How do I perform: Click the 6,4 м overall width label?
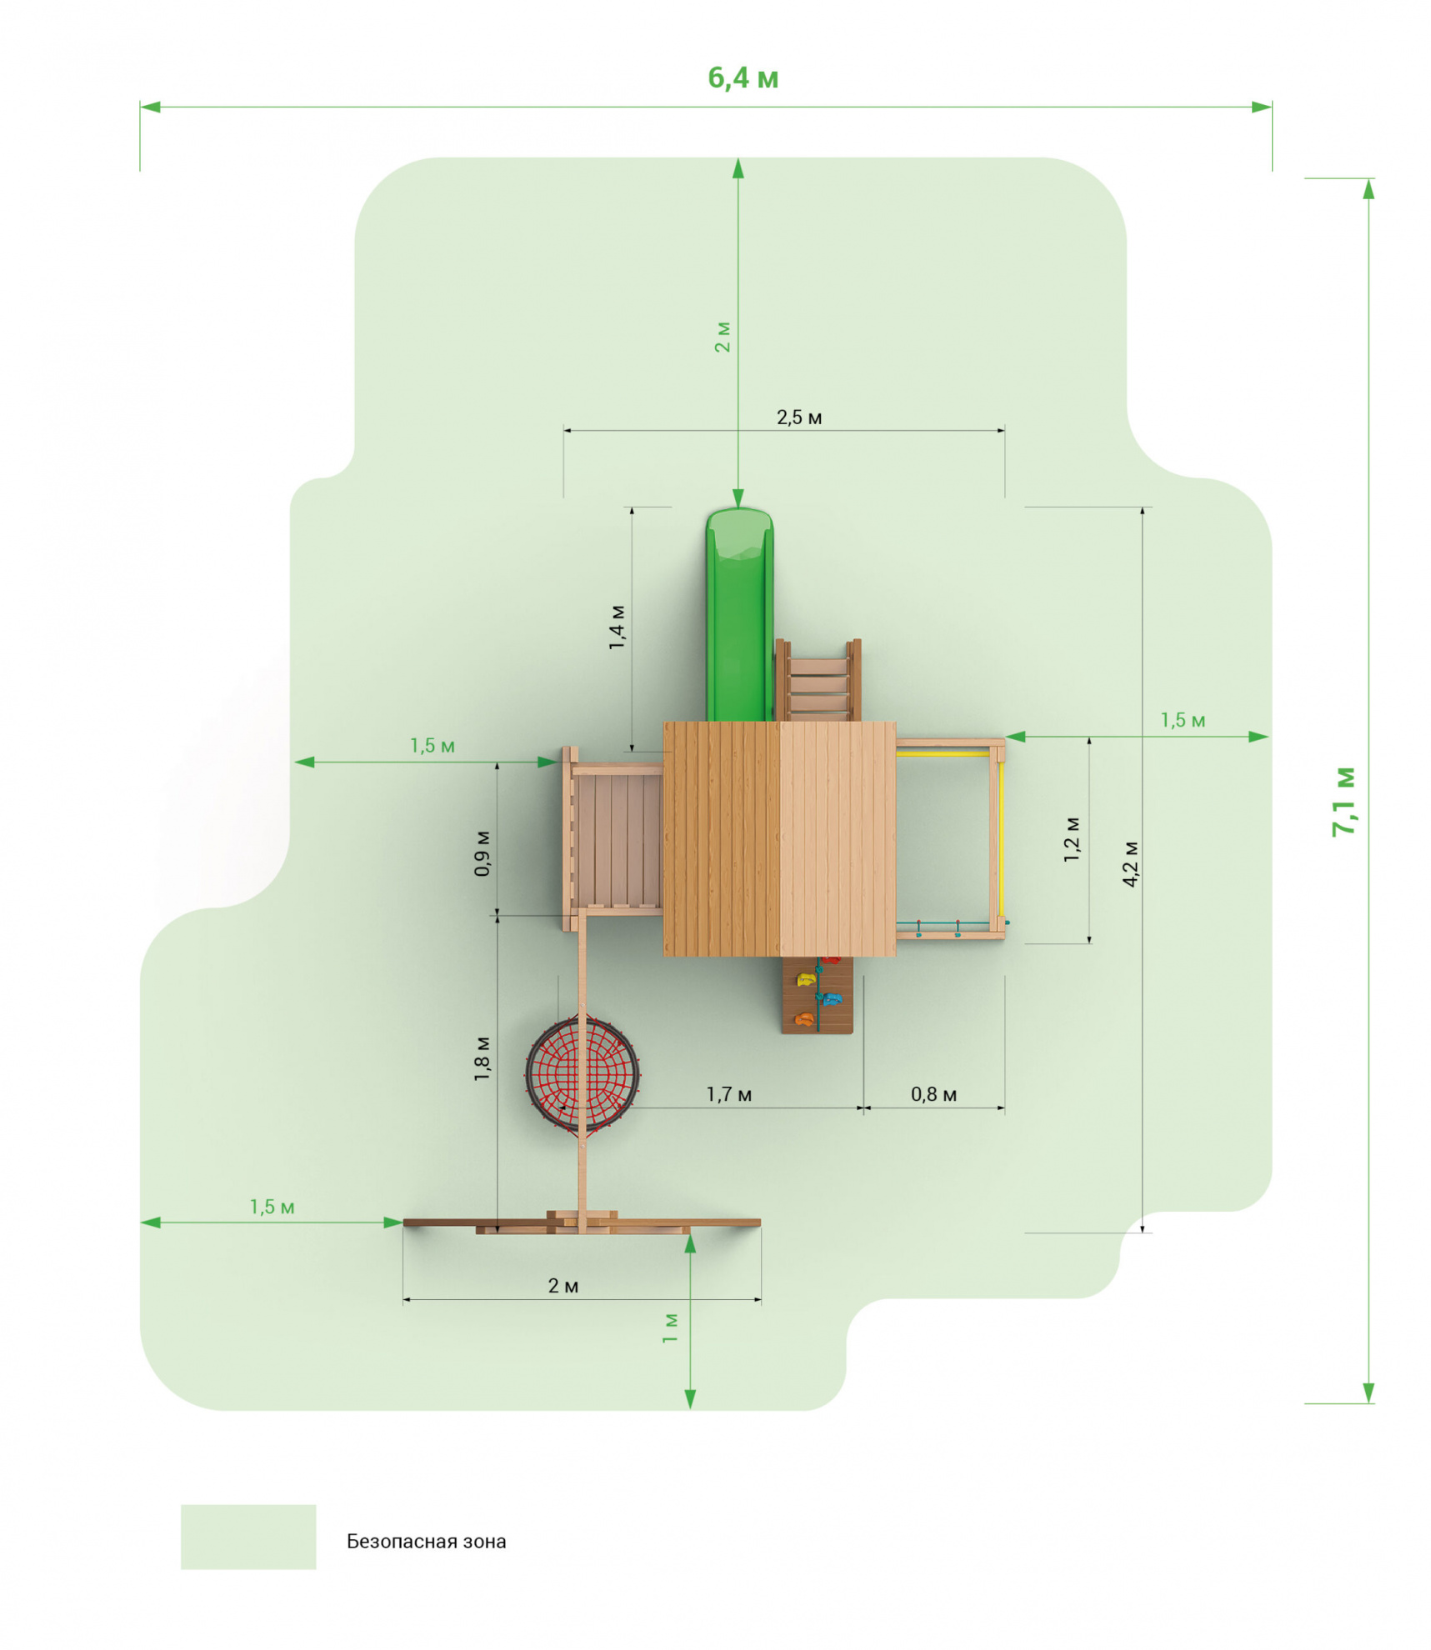pos(743,77)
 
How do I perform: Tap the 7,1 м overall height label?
pos(1343,801)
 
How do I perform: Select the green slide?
pos(739,614)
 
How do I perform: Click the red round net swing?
pos(582,1074)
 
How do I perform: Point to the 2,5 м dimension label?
pos(799,417)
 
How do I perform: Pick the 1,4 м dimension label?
pos(617,627)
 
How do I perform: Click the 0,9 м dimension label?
pos(482,852)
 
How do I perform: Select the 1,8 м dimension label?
pos(482,1058)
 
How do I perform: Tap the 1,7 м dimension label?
pos(728,1094)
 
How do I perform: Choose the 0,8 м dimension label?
pos(933,1094)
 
